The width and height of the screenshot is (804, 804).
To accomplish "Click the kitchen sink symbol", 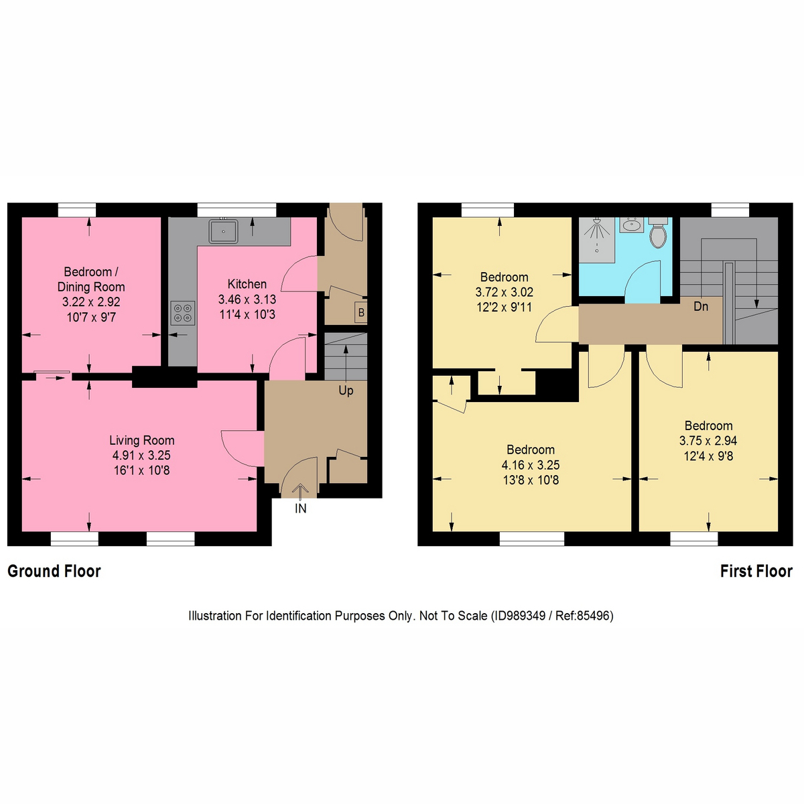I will click(x=224, y=231).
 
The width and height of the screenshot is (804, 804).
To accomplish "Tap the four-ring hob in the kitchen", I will click(x=182, y=313).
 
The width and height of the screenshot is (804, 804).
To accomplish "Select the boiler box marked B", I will click(x=361, y=312).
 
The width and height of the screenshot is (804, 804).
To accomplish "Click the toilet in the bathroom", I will click(x=658, y=232).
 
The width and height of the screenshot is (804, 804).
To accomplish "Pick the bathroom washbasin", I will click(x=630, y=225).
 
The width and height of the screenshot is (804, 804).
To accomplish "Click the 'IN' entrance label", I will click(x=301, y=509).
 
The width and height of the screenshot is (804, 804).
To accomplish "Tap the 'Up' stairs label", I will click(x=346, y=391).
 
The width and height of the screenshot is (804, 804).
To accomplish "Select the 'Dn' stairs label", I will click(x=701, y=307).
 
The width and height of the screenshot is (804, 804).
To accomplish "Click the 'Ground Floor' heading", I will click(x=54, y=572).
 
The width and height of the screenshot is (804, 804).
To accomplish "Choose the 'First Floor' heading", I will click(x=756, y=572).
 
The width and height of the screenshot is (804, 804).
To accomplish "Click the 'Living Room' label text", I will click(x=142, y=440).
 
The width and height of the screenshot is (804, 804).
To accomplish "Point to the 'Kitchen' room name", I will click(x=247, y=284).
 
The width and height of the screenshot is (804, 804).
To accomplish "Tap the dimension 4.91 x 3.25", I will click(x=141, y=456).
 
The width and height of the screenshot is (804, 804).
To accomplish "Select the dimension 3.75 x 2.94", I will click(x=708, y=441).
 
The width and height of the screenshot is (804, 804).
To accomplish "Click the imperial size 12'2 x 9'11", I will click(x=504, y=308).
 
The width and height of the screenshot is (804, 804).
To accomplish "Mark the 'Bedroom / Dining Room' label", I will click(x=91, y=279).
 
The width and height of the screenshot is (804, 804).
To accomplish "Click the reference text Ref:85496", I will click(x=583, y=616).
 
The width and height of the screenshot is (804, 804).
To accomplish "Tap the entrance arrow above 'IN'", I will click(x=299, y=490).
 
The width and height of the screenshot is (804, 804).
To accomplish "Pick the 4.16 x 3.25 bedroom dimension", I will click(x=531, y=465).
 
